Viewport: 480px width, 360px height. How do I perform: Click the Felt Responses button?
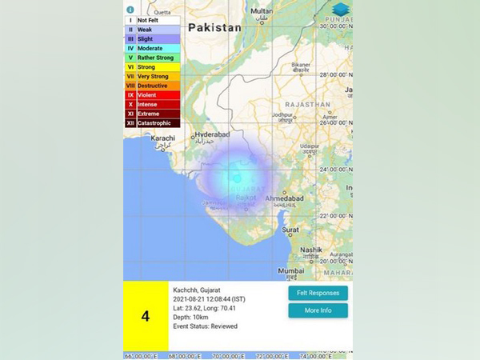pos(318,293)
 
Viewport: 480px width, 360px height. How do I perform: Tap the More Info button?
pos(318,310)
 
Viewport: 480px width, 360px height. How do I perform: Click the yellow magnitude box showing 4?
pos(146,315)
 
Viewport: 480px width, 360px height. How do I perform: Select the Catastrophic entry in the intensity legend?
pos(152,123)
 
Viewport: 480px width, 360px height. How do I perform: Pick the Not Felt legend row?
pos(152,20)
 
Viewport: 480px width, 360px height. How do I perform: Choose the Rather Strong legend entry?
pos(152,58)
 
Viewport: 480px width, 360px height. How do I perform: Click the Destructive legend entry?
pos(152,86)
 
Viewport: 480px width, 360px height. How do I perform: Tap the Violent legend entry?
pos(152,95)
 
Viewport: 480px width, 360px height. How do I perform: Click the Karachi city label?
pos(163,138)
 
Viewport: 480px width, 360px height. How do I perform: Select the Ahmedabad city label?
pos(284,198)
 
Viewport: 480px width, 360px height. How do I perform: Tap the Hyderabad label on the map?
pos(212,135)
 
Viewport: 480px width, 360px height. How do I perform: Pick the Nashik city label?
pos(312,249)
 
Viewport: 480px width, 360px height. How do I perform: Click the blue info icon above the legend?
pos(130,10)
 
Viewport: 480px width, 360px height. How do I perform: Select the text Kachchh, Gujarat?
pos(197,288)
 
